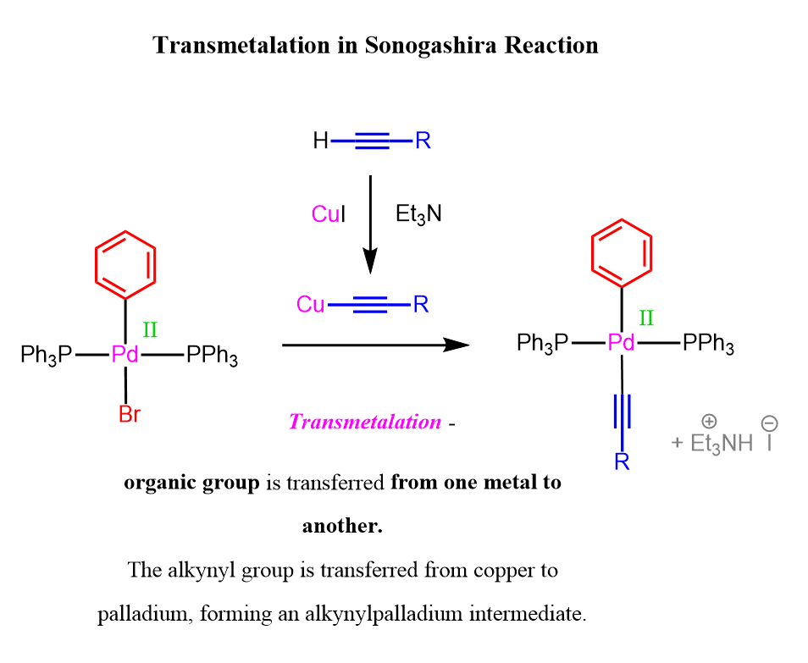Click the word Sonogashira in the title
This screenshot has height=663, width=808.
[431, 47]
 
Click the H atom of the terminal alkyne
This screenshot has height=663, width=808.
[320, 140]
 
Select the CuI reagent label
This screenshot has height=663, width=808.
[329, 213]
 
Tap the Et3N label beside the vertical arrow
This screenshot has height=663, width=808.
[418, 213]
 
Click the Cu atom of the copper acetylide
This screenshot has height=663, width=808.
[310, 305]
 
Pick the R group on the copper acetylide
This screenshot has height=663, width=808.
[421, 305]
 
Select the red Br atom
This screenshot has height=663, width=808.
[130, 414]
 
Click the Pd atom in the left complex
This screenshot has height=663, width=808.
[125, 355]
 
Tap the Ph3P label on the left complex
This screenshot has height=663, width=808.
[47, 356]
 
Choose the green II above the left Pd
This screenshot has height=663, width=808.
[150, 329]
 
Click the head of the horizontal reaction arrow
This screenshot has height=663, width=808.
[457, 345]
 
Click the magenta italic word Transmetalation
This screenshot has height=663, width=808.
[365, 422]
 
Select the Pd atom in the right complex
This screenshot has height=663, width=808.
[622, 342]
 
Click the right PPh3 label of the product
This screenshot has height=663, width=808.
[709, 343]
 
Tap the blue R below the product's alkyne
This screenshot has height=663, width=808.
[622, 461]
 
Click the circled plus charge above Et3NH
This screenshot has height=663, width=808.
[709, 422]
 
